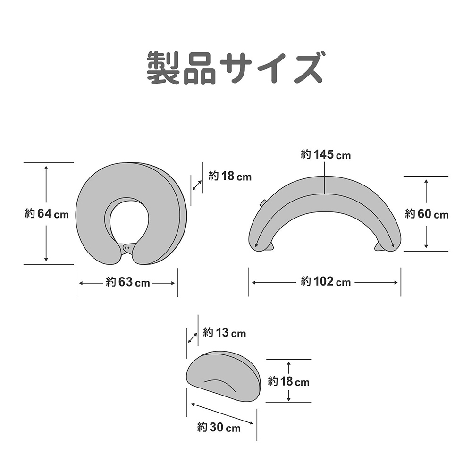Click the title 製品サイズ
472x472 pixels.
pos(235,67)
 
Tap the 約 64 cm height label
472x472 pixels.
pos(47,214)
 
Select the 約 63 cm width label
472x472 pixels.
pos(127,282)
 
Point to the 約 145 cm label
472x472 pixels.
pos(326,155)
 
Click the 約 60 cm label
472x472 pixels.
pos(427,214)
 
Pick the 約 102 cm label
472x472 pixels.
pos(326,282)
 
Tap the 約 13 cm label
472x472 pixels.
pos(224,333)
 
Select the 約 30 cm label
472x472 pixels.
pos(219,428)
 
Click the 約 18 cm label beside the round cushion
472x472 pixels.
pos(230,176)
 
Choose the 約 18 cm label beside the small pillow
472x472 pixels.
pos(288,381)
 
